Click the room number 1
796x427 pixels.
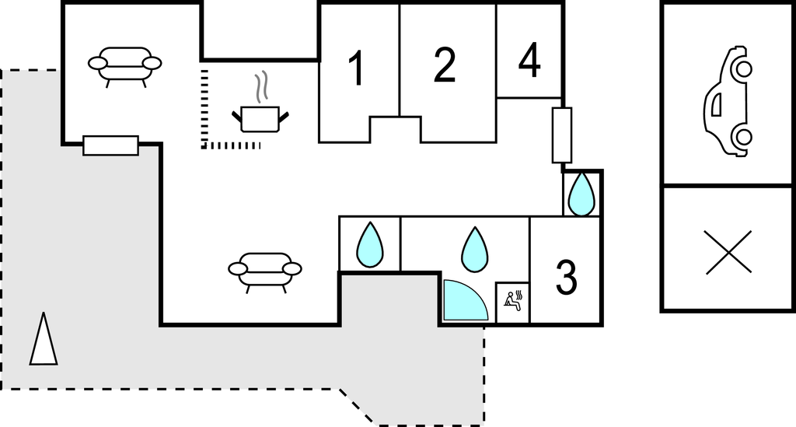coord(356,68)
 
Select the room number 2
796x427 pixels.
coord(444,66)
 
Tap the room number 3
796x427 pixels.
coord(566,277)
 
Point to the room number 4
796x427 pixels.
coord(529,61)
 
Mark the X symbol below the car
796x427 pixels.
coord(729,252)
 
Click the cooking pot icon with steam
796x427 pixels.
coord(260,118)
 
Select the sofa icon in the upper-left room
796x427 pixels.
coord(124,65)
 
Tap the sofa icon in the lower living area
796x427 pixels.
coord(264,270)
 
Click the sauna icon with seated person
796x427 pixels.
coord(513,299)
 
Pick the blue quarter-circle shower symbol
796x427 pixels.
coord(463,302)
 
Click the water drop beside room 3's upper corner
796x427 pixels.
coord(581,194)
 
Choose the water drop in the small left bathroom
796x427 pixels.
coord(369,245)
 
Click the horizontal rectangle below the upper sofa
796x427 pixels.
coord(110,145)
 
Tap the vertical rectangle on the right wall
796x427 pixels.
coord(562,135)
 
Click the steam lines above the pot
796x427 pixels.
coord(264,87)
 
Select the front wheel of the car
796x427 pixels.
coord(742,69)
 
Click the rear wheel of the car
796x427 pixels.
coord(743,138)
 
